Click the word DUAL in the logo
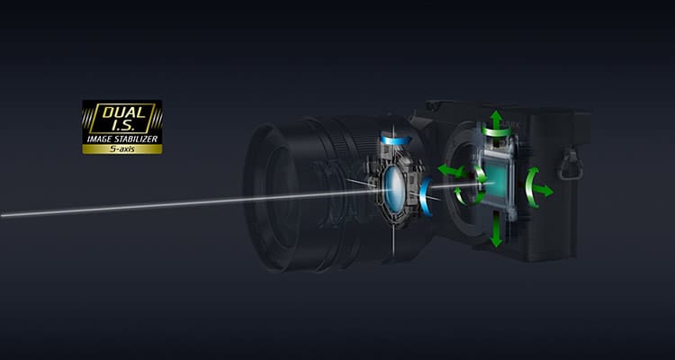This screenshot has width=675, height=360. [122, 112]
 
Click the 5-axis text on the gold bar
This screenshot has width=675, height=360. [122, 149]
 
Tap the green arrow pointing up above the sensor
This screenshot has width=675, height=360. [496, 120]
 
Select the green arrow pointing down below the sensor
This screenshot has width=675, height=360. [496, 229]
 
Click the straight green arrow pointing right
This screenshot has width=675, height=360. [544, 190]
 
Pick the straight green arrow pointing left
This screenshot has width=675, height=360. [450, 170]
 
